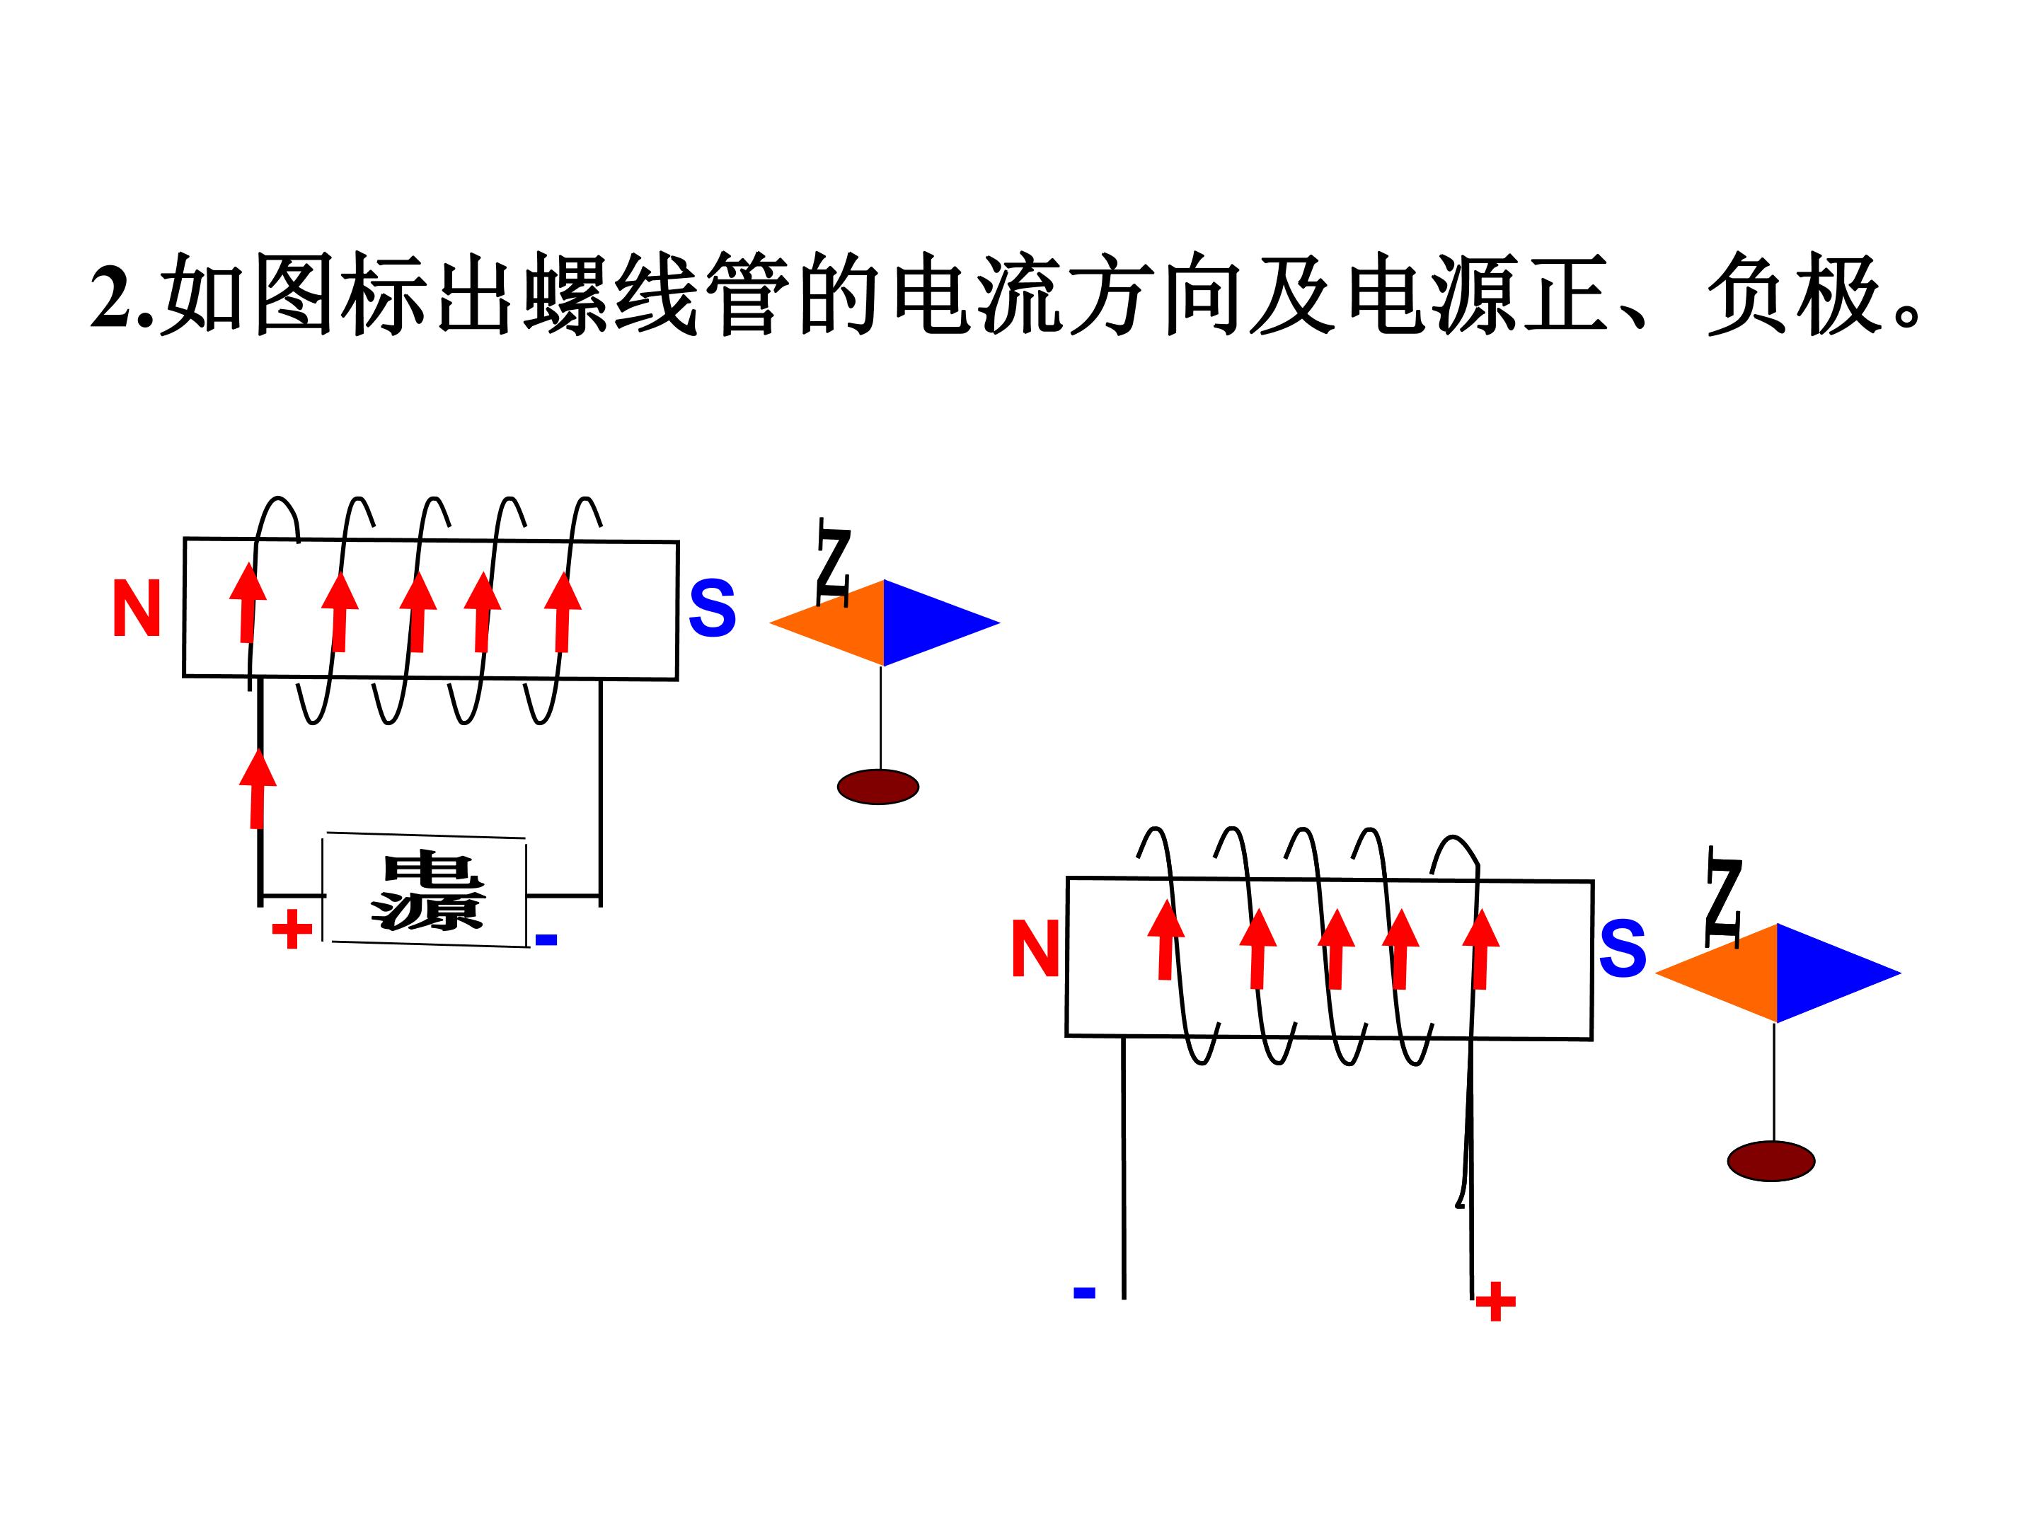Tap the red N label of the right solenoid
tap(1035, 949)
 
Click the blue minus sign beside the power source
tap(546, 939)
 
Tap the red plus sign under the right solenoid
tap(1495, 1302)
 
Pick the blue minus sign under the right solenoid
tap(1084, 1292)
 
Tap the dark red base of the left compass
tap(878, 787)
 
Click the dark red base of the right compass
tap(1771, 1161)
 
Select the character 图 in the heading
tap(293, 295)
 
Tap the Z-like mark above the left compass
tap(834, 562)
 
